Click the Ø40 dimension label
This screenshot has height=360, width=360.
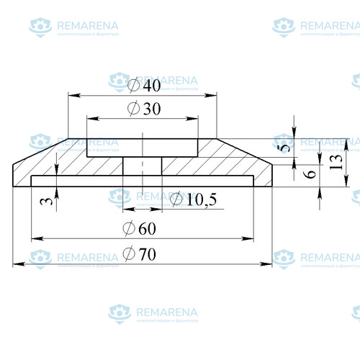[x=144, y=85]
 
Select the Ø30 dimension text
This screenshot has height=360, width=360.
[x=144, y=109]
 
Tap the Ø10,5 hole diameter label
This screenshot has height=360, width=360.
[x=193, y=199]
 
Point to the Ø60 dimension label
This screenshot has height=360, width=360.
[x=140, y=228]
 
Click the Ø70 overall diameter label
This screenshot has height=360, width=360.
[x=140, y=254]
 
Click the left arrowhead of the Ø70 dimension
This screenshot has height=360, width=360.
[x=19, y=264]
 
